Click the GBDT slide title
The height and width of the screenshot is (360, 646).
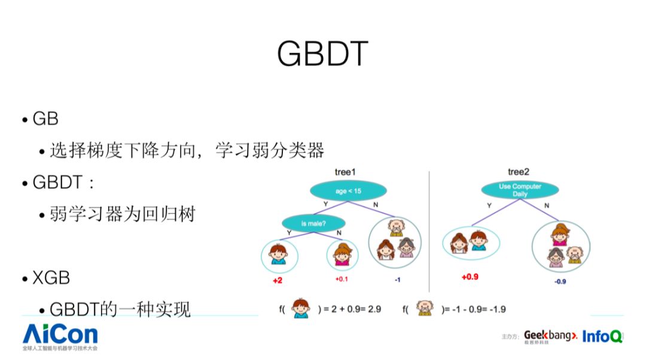click(322, 54)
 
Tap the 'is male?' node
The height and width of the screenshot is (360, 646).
click(313, 223)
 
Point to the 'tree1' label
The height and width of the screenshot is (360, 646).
click(345, 172)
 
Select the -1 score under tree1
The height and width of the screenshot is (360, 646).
click(398, 279)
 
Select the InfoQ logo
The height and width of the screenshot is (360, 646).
click(602, 336)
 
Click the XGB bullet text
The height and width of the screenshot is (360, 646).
click(51, 277)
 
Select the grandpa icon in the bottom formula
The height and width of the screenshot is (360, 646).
click(425, 309)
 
